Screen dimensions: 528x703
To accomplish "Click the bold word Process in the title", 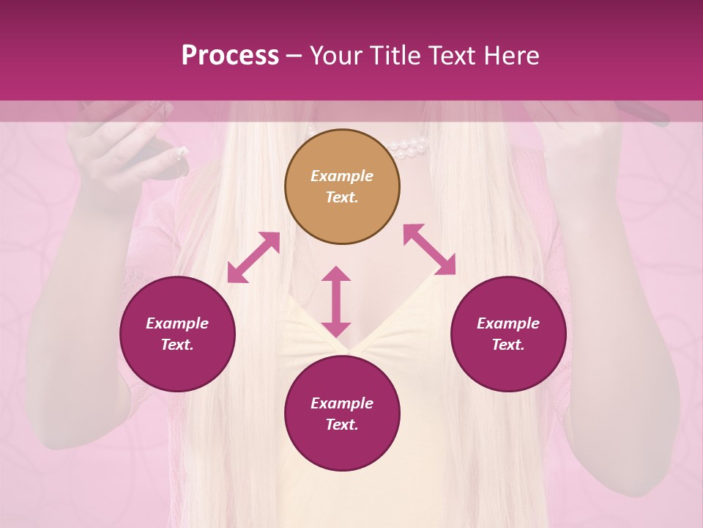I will (230, 56).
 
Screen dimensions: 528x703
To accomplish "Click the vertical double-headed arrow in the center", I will (336, 301).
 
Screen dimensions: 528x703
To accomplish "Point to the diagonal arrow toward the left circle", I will (253, 257).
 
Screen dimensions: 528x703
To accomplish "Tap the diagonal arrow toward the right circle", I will (429, 249).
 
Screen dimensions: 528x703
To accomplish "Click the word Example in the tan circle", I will (342, 176).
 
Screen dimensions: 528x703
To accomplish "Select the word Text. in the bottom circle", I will (342, 425).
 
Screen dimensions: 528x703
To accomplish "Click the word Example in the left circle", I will (177, 323).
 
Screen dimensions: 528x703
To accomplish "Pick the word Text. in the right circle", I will (508, 345).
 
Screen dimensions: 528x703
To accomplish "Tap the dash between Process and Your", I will (294, 56).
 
